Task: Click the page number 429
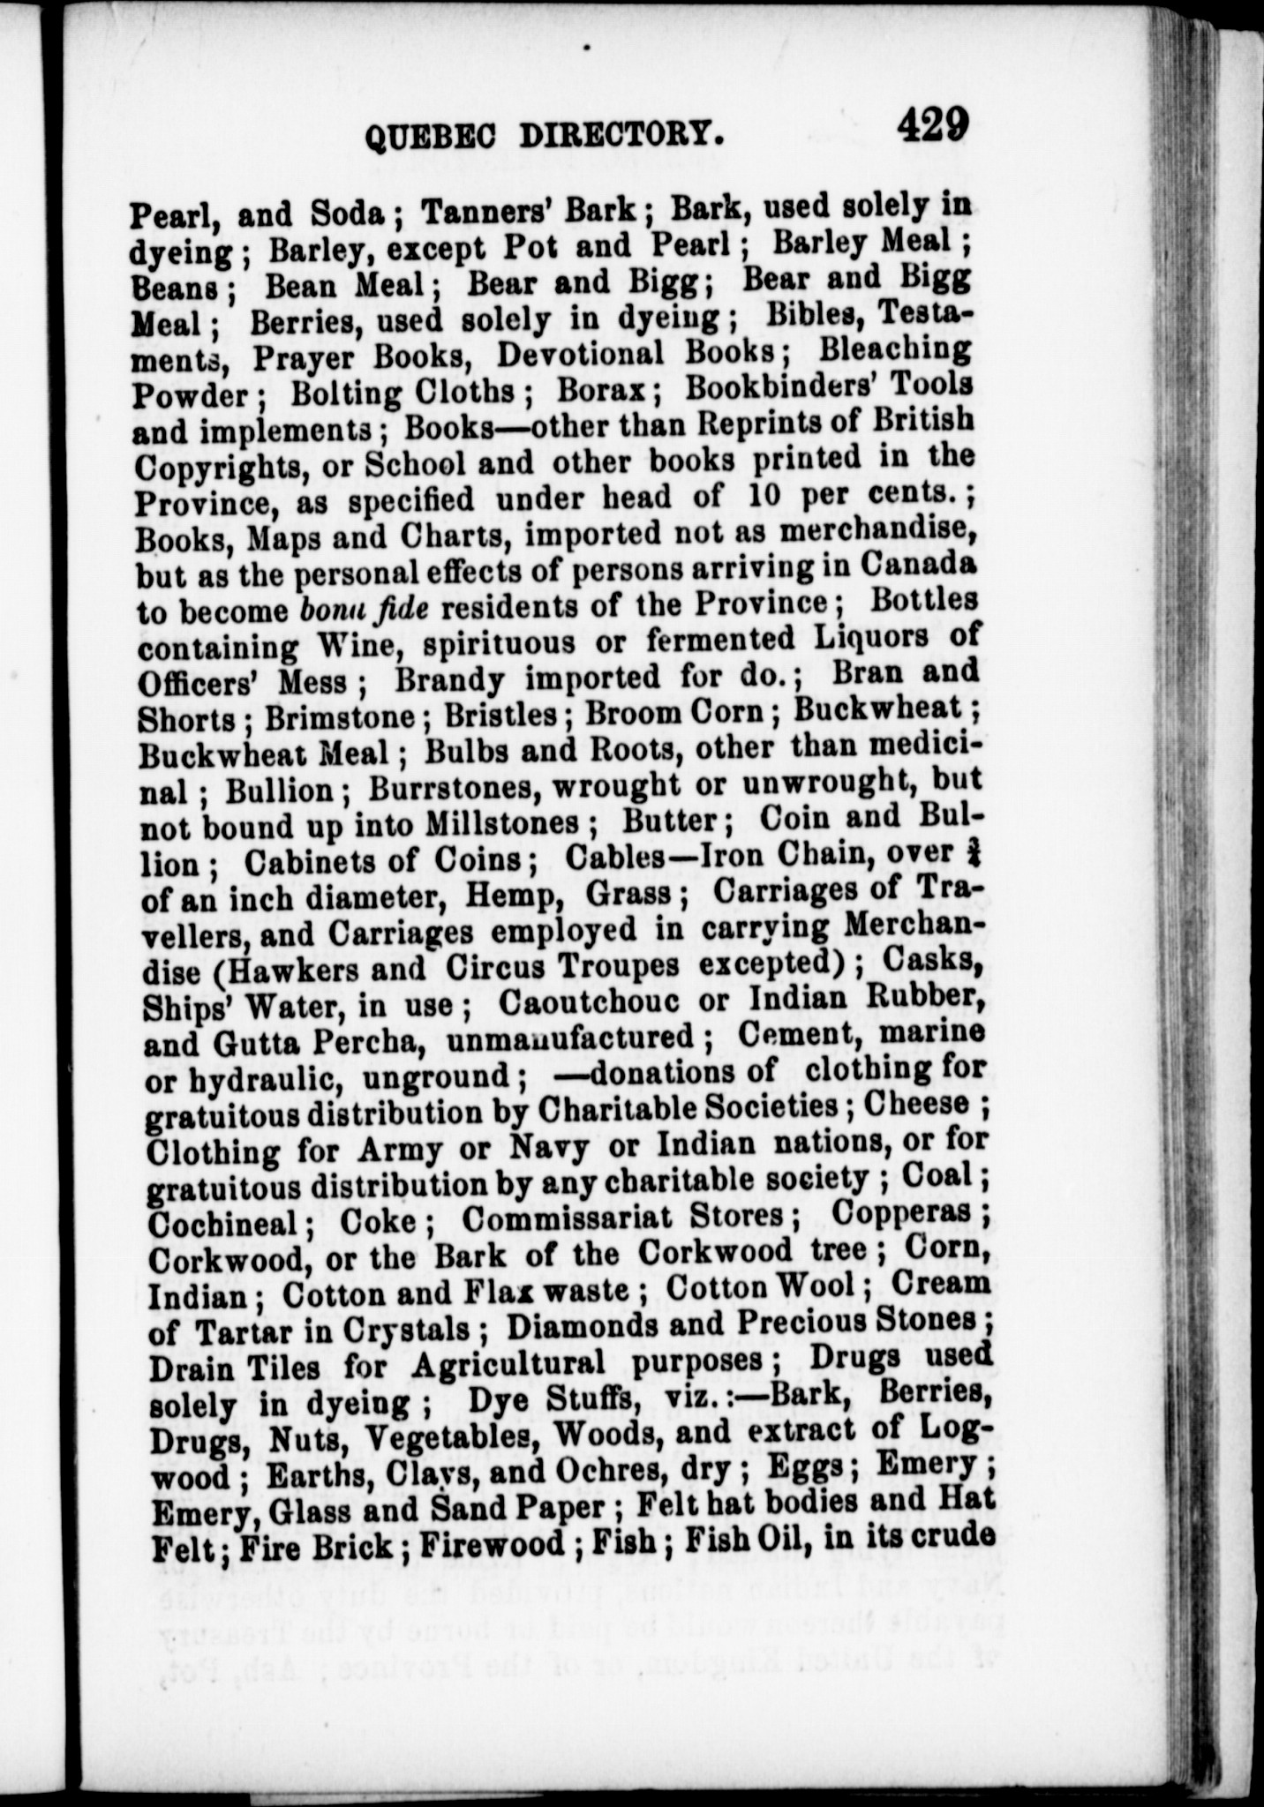tap(934, 124)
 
